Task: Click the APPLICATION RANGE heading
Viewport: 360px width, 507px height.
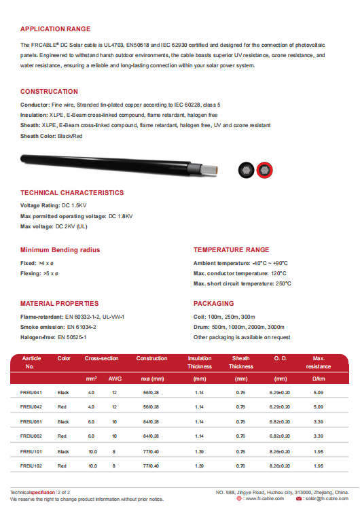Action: click(55, 29)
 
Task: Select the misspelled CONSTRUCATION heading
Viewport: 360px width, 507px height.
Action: click(49, 91)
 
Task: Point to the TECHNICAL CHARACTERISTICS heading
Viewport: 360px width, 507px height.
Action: click(72, 193)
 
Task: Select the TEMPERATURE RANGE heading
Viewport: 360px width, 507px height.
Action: click(231, 249)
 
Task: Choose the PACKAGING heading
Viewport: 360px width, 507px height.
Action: click(213, 303)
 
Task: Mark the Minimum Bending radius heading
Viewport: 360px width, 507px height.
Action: click(60, 249)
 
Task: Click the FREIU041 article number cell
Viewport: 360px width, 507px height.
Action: click(33, 393)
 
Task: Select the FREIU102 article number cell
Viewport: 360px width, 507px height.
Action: click(33, 466)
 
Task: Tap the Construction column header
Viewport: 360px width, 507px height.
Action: click(151, 358)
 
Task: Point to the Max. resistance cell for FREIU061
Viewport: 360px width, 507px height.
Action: click(319, 422)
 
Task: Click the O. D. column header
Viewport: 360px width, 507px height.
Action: click(280, 358)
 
